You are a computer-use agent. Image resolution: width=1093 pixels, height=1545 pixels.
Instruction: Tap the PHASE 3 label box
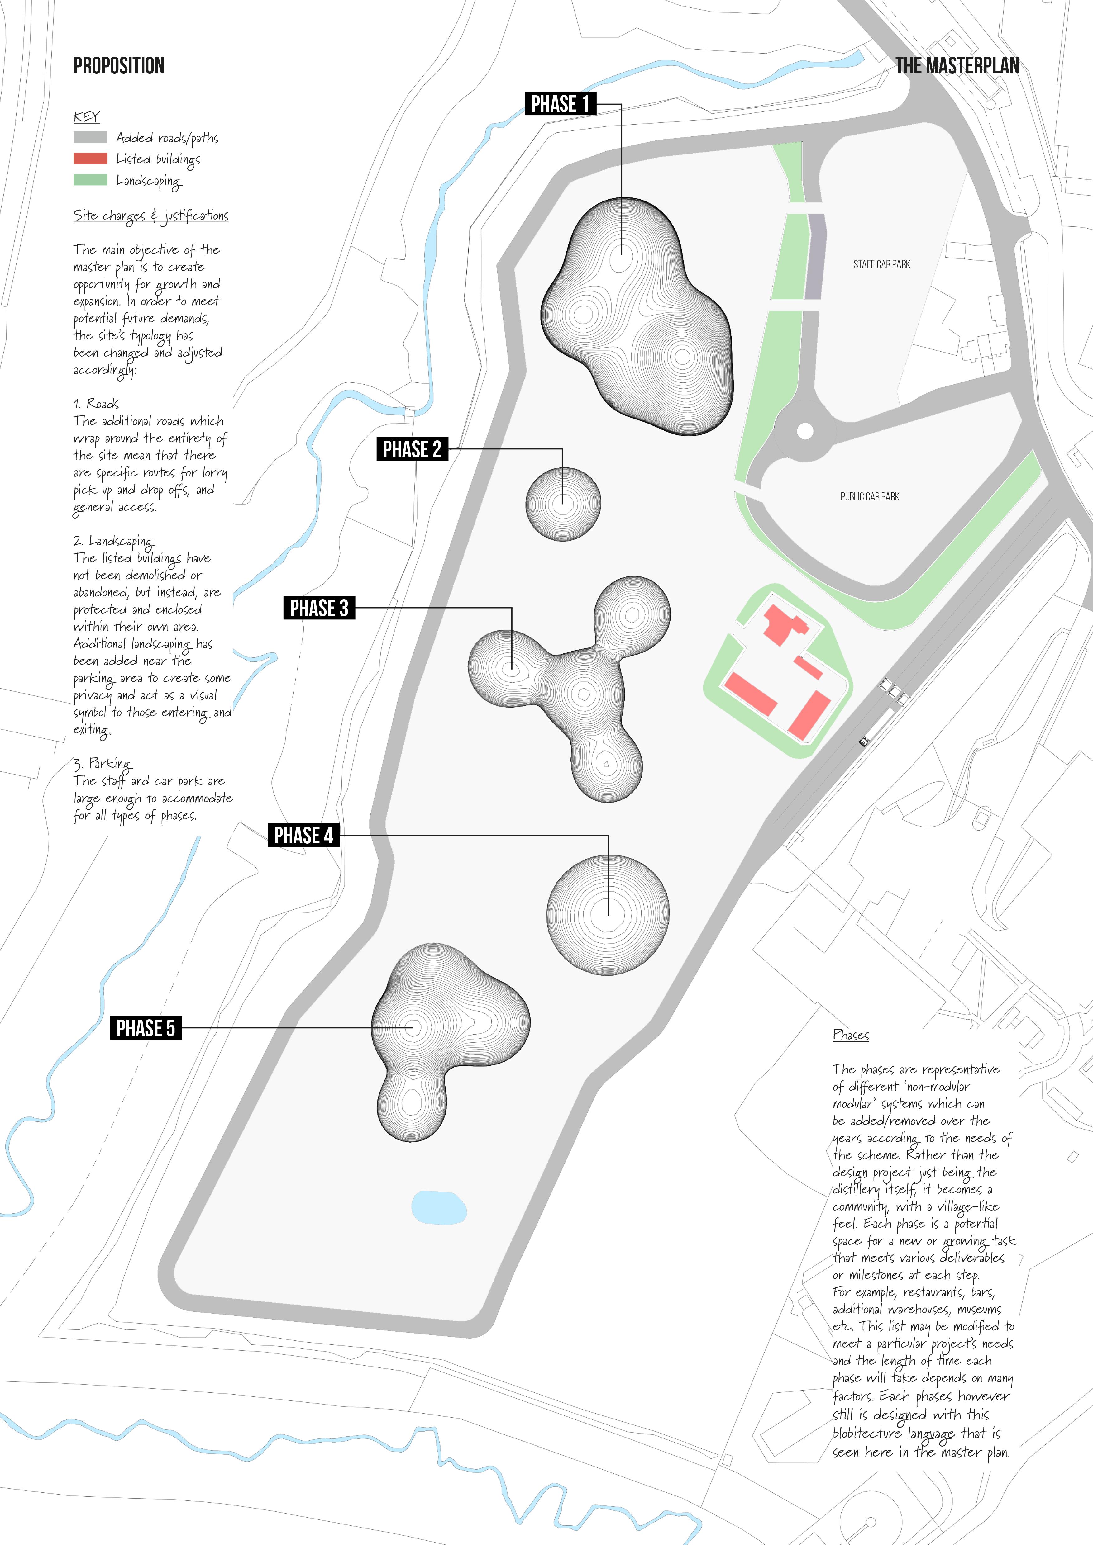coord(319,608)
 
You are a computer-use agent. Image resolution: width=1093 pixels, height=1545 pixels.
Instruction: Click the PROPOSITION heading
coord(118,66)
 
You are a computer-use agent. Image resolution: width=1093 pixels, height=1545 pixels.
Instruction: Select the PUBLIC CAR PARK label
coord(870,497)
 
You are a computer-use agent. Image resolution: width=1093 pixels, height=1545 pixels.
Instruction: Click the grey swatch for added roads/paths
coord(90,137)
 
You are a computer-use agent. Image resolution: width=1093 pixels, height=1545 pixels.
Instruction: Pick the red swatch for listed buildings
coord(90,159)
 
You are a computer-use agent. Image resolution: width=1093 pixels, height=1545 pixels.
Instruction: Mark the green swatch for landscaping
coord(90,180)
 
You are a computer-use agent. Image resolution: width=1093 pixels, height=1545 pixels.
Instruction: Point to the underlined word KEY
coord(86,117)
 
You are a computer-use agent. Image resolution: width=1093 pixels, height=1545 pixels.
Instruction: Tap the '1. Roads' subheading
coord(96,404)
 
